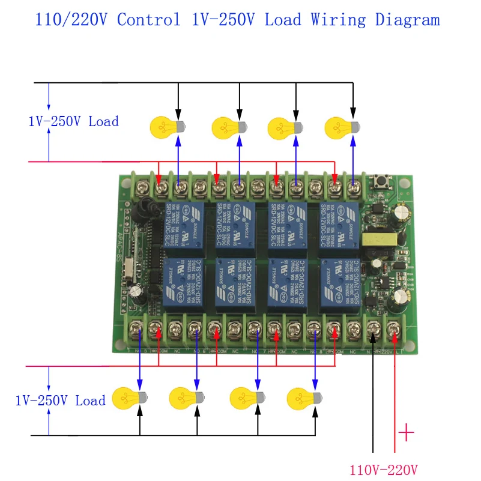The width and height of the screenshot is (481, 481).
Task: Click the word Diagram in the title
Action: point(407,20)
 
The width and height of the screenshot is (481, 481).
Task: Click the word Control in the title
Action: point(148,20)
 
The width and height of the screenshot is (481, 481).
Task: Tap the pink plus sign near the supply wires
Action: point(406,433)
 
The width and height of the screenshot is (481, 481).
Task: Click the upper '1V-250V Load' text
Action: point(73,121)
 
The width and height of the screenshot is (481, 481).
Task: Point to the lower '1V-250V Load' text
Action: point(60,401)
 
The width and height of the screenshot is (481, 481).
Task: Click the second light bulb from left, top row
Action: point(229,127)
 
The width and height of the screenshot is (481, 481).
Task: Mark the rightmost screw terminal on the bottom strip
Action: point(393,329)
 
